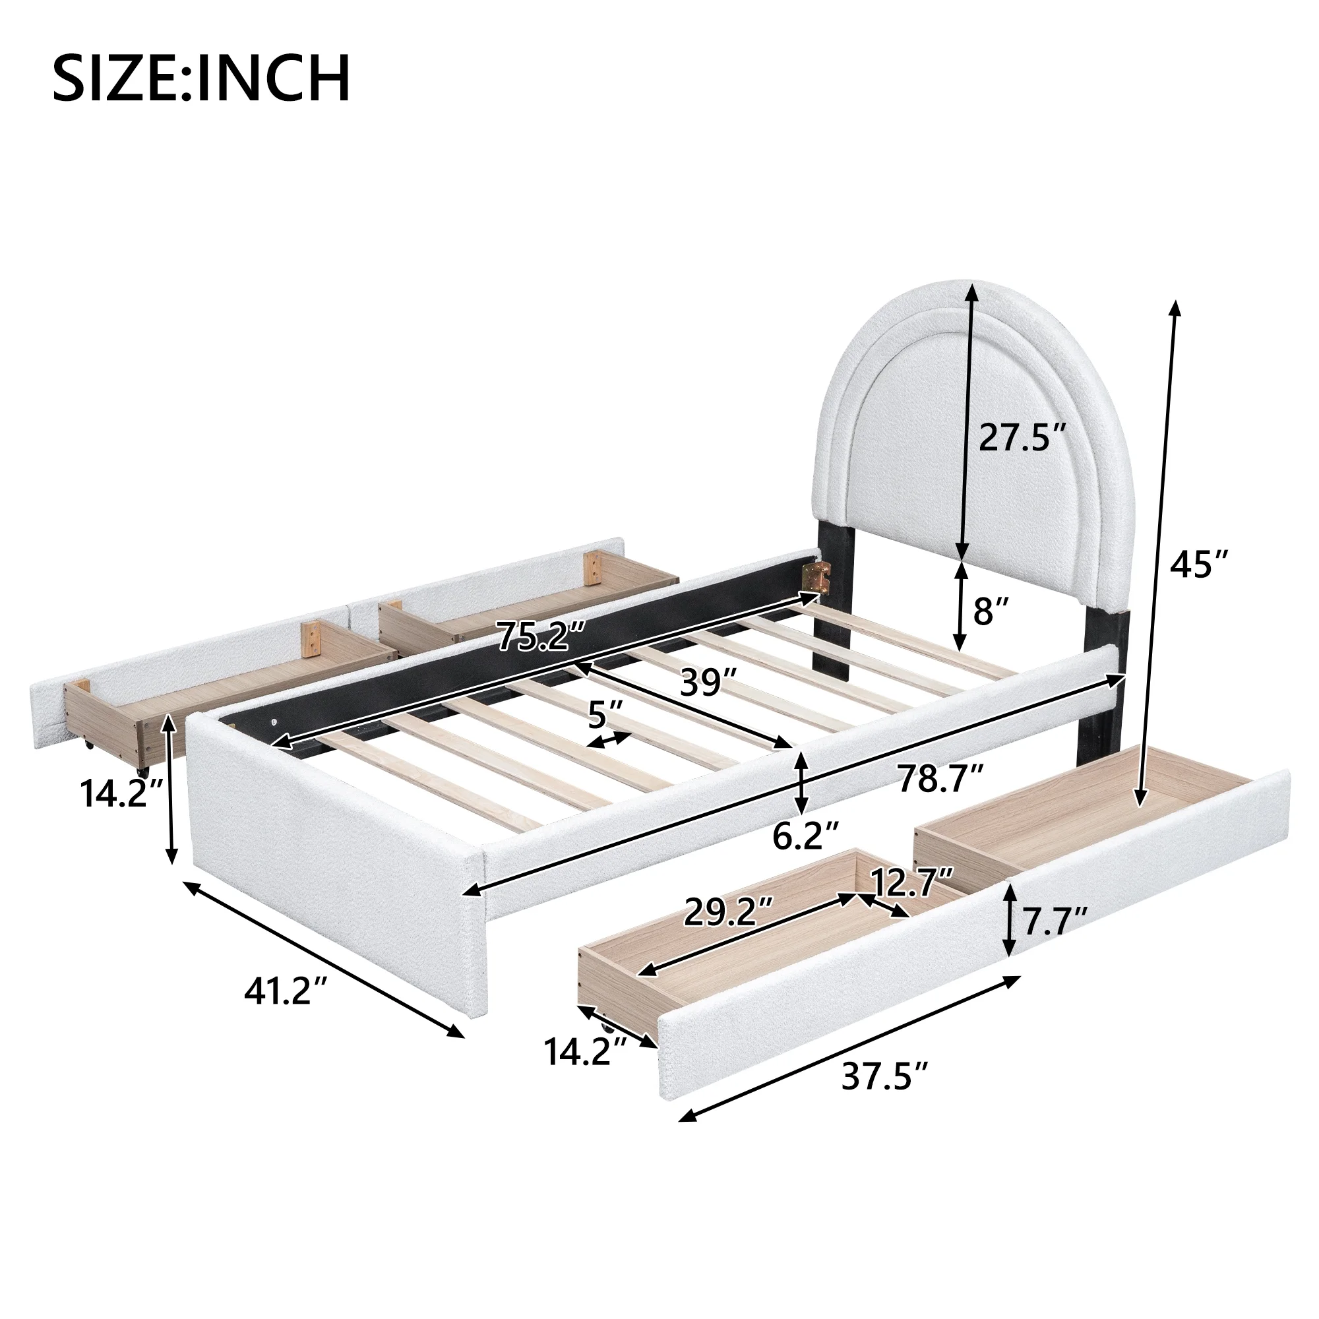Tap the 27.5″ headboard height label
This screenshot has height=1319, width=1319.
1022,438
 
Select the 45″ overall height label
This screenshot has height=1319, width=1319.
1199,564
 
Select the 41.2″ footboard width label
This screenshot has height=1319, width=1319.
286,992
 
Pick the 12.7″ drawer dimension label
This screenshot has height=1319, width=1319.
911,884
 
